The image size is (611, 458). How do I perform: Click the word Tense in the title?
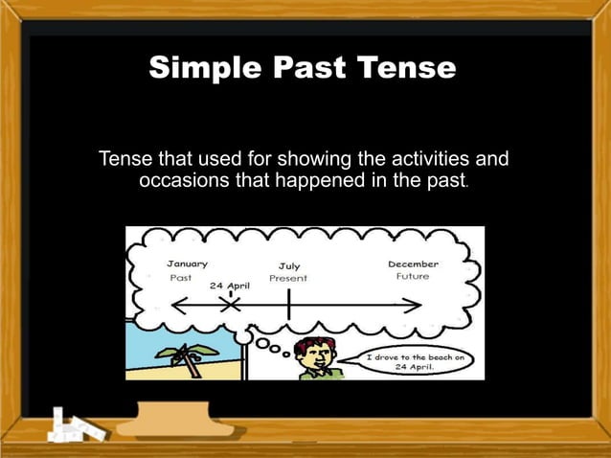point(409,70)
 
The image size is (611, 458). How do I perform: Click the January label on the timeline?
point(188,263)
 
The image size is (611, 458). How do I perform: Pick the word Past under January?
point(181,277)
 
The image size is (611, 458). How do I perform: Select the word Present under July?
point(288,279)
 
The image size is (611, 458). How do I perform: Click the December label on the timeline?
point(413,263)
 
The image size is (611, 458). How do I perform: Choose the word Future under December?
point(413,277)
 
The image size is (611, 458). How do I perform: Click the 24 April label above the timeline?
point(229,286)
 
